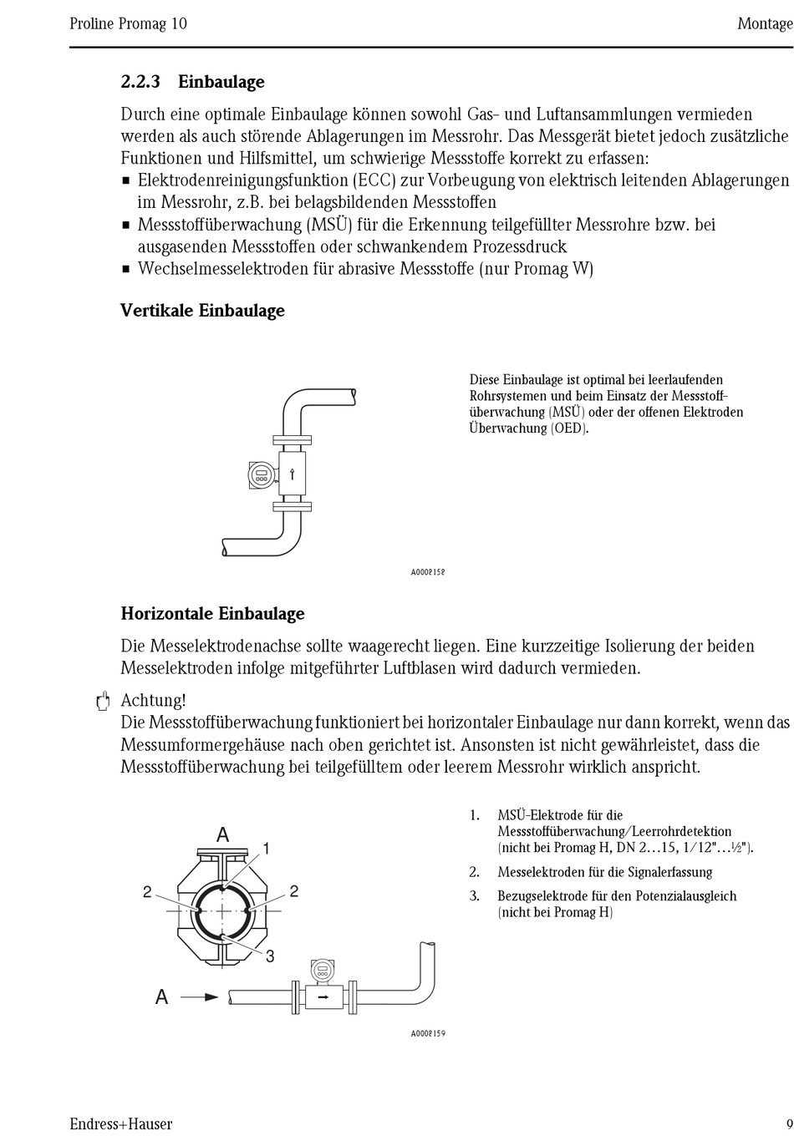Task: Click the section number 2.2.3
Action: (140, 82)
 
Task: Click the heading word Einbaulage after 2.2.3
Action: (221, 82)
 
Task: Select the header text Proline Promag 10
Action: (128, 23)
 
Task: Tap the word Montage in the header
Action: (764, 23)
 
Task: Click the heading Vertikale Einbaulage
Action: (202, 311)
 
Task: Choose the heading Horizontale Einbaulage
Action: (212, 614)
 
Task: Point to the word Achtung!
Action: (153, 700)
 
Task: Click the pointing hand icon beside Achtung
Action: (102, 702)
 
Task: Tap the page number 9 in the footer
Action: (788, 1123)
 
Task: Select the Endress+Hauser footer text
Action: (120, 1124)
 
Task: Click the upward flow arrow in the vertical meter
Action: (293, 475)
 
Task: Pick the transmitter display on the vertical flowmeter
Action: (261, 475)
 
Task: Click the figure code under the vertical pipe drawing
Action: (427, 572)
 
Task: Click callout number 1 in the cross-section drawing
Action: (267, 849)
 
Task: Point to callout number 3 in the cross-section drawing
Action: (270, 956)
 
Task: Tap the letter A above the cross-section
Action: (223, 835)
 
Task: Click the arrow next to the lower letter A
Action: (200, 996)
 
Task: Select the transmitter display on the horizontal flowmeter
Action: (321, 971)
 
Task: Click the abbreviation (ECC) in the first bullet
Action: (373, 180)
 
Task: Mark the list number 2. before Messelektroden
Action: (474, 872)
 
